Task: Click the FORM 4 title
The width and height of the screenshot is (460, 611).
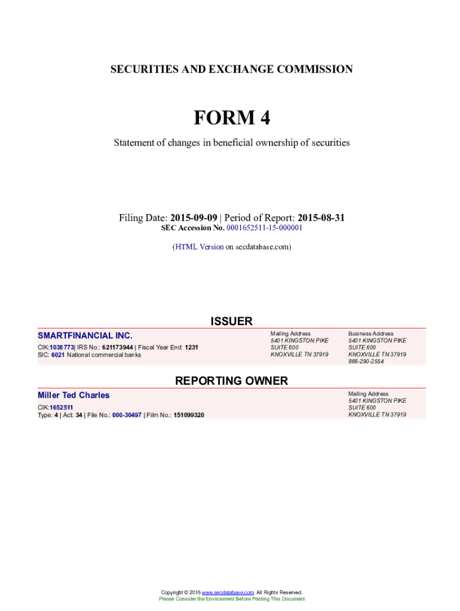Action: [231, 118]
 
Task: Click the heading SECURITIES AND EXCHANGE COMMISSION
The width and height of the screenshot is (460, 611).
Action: [231, 69]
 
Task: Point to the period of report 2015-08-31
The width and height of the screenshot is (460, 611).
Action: [321, 218]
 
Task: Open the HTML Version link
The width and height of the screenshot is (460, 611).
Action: [199, 246]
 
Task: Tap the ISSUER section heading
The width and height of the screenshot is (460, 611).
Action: [231, 322]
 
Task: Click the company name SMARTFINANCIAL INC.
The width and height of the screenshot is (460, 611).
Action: [85, 336]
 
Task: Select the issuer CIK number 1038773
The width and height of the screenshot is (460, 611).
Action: [62, 347]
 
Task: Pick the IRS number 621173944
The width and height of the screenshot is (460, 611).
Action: [118, 347]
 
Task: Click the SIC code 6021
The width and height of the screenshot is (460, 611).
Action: [57, 354]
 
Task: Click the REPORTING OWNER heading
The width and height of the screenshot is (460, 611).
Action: [231, 381]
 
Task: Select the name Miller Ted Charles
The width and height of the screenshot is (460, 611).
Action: [73, 395]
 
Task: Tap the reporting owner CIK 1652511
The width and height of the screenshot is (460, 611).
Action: [62, 408]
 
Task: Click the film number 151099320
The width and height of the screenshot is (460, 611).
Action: [189, 415]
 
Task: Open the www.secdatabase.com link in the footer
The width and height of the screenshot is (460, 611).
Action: [228, 592]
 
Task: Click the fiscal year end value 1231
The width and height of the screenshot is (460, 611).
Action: [192, 347]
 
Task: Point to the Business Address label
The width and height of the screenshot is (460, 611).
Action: [371, 334]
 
